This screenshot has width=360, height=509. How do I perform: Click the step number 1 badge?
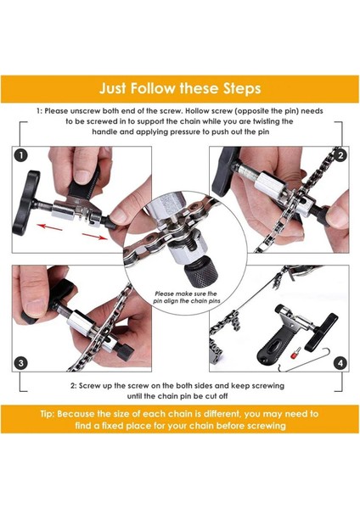tap(21, 155)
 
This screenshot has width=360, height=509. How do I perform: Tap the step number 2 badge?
tap(340, 155)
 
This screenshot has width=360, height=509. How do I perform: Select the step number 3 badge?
tap(21, 362)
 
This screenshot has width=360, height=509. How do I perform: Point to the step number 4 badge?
tap(340, 362)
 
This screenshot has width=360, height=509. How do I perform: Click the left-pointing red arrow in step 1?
tap(49, 227)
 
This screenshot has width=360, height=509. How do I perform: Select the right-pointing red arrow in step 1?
tap(94, 236)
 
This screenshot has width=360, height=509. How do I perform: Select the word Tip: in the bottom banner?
tap(48, 414)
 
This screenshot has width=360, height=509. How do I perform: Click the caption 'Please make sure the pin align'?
tap(187, 297)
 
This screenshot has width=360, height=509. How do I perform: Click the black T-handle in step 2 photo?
tap(225, 171)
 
